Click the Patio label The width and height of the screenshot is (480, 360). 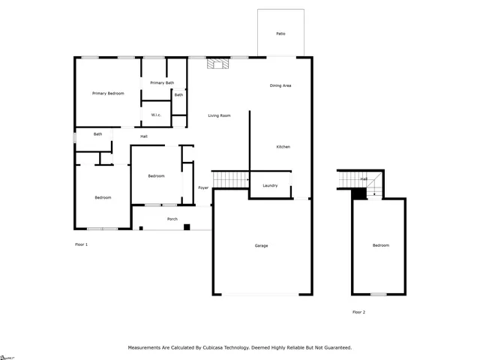click(x=280, y=34)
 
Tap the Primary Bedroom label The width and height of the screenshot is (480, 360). click(x=108, y=93)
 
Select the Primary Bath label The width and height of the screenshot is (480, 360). click(x=162, y=82)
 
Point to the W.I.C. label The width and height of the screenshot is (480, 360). click(x=156, y=115)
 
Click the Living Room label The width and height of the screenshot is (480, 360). click(x=219, y=115)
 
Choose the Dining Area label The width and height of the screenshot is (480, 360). click(x=280, y=85)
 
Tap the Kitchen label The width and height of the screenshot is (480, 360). click(x=283, y=146)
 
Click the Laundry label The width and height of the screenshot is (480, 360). click(x=270, y=185)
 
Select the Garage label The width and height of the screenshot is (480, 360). click(x=261, y=245)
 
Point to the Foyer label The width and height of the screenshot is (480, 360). click(x=203, y=187)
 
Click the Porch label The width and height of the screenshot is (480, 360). click(x=172, y=219)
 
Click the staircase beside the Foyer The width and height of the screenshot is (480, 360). click(x=230, y=179)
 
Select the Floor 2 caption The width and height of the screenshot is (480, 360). click(x=358, y=312)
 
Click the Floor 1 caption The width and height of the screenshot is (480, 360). click(x=81, y=244)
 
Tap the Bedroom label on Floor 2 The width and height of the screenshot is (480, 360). click(x=381, y=245)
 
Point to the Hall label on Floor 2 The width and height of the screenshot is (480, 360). click(x=364, y=179)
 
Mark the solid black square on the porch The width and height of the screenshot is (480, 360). click(x=187, y=226)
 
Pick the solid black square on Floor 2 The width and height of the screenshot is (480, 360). click(x=359, y=193)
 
